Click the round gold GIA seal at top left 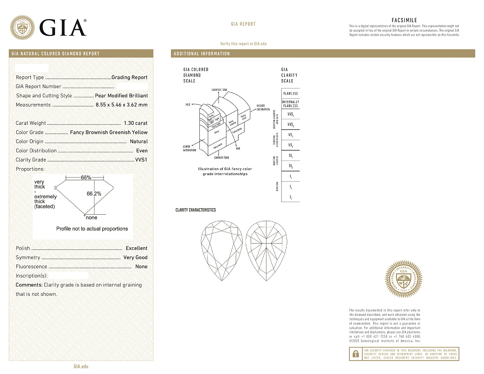22,27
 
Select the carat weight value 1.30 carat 136,123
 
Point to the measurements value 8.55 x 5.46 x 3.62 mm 121,105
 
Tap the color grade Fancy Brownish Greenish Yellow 109,132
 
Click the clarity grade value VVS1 141,160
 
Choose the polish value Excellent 136,248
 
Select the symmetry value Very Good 135,258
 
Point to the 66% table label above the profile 86,177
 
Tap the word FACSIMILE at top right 404,20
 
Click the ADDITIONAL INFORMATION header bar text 202,54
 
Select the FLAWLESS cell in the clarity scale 290,94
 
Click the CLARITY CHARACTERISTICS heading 196,210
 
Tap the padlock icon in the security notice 355,354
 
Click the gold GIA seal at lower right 403,279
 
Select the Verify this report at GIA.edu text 243,43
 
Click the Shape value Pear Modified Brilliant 121,95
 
